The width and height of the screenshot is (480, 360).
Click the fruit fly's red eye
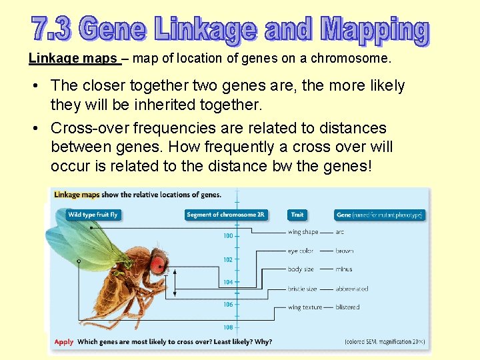pyautogui.click(x=158, y=264)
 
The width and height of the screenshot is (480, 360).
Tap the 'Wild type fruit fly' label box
pyautogui.click(x=93, y=215)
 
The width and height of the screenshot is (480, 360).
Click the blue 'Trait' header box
pyautogui.click(x=297, y=215)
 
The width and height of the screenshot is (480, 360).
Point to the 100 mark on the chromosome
pyautogui.click(x=228, y=236)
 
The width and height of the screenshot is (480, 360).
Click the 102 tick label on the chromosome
pyautogui.click(x=228, y=259)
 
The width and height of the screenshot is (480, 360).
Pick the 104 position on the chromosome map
pyautogui.click(x=228, y=282)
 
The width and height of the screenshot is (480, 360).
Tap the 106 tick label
pyautogui.click(x=228, y=305)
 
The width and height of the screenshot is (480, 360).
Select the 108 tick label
pyautogui.click(x=228, y=327)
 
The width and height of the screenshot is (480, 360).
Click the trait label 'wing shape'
pyautogui.click(x=303, y=232)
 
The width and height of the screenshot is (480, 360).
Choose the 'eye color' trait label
pyautogui.click(x=301, y=251)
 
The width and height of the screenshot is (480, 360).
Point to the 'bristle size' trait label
pyautogui.click(x=302, y=289)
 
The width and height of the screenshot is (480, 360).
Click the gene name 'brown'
pyautogui.click(x=345, y=251)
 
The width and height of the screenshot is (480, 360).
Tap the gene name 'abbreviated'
pyautogui.click(x=352, y=289)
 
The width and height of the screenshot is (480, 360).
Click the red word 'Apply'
pyautogui.click(x=64, y=342)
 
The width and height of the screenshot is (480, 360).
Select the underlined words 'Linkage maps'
pyautogui.click(x=73, y=59)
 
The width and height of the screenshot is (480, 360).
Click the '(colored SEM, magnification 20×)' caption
pyautogui.click(x=384, y=342)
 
